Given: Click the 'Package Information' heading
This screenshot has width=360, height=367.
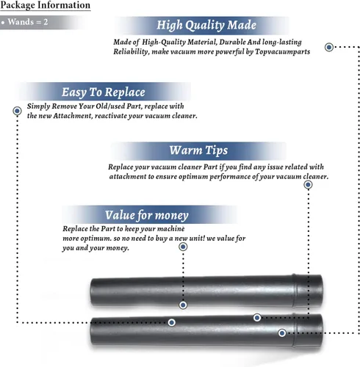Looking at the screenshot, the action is [x=46, y=5].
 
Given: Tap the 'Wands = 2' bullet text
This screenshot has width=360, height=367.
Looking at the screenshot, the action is [x=28, y=22].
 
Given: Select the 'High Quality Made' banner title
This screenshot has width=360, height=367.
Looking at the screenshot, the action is [x=206, y=25].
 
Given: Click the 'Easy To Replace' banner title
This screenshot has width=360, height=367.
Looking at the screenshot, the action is [x=104, y=92].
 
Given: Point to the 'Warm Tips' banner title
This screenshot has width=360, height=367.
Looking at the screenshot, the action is [x=198, y=150].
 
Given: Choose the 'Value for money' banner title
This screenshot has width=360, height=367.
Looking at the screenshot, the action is [x=147, y=215].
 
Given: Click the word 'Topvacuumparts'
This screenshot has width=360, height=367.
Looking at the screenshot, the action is [x=282, y=52].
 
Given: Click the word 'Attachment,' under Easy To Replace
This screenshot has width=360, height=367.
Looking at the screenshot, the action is [x=73, y=116].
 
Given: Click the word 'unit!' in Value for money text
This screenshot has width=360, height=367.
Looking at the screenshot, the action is [x=197, y=238].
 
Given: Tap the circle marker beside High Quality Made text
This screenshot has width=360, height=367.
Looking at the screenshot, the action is [x=329, y=47].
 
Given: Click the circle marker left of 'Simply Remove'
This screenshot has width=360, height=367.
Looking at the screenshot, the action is [x=17, y=111].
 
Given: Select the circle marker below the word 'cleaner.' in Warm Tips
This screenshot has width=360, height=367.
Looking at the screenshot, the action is [x=308, y=185].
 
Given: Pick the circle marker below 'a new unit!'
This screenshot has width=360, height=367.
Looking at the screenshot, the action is [x=183, y=247].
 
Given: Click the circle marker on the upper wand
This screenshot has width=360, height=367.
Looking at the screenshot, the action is [x=183, y=305].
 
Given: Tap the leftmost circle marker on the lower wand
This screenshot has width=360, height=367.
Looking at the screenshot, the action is [x=172, y=322].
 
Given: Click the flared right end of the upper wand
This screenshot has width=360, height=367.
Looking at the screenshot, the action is [x=308, y=291].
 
